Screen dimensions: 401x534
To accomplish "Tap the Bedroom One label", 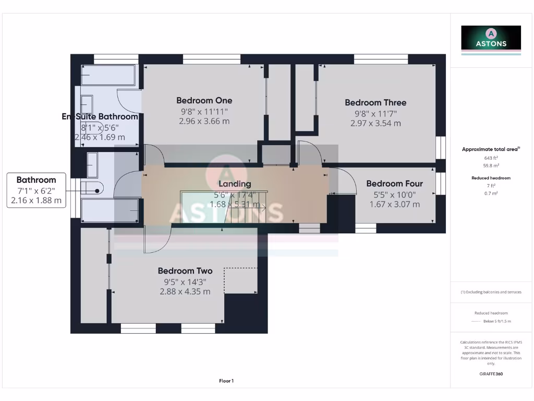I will click(204, 100).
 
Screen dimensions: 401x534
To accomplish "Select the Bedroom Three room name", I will click(375, 102).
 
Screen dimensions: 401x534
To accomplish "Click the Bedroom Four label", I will click(394, 183).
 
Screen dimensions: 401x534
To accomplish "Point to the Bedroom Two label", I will click(185, 271).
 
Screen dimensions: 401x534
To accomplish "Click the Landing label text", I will click(235, 184).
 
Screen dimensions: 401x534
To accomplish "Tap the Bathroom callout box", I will click(36, 190).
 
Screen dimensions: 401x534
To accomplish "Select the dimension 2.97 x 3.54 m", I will click(375, 123).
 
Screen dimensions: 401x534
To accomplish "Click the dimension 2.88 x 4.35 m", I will click(185, 291).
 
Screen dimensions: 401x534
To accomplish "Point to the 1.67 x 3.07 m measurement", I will click(394, 204).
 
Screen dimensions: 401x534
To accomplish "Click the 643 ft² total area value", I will click(491, 157).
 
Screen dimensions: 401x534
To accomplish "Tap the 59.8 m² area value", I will click(491, 165).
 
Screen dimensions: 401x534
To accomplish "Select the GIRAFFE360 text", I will click(491, 374).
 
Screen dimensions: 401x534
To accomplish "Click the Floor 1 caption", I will click(226, 381).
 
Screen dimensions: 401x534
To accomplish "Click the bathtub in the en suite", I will click(108, 76).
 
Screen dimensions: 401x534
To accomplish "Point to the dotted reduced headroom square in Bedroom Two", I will click(240, 280).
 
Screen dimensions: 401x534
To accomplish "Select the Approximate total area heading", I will click(490, 149).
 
